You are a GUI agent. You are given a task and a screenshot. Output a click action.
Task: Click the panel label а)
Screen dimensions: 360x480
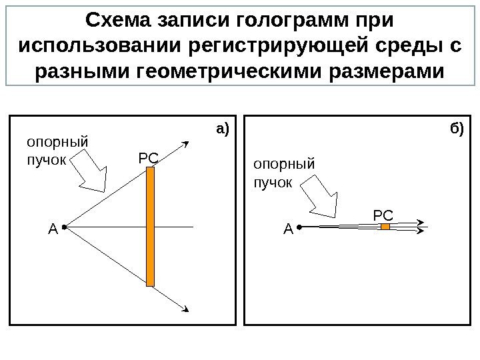pos(221,127)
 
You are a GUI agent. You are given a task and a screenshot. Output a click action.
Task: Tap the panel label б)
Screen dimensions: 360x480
pos(456,127)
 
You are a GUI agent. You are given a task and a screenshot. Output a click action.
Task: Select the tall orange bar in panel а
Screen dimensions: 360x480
pos(150,227)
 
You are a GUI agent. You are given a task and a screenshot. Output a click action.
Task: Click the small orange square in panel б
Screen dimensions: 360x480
pos(385,227)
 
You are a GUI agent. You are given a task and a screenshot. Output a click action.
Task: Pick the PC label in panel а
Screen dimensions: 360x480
pos(147,159)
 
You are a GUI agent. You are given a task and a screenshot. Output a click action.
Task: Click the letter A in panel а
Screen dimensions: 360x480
pos(53,231)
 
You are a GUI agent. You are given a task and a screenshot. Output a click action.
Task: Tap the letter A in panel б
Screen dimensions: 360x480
pos(288,231)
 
